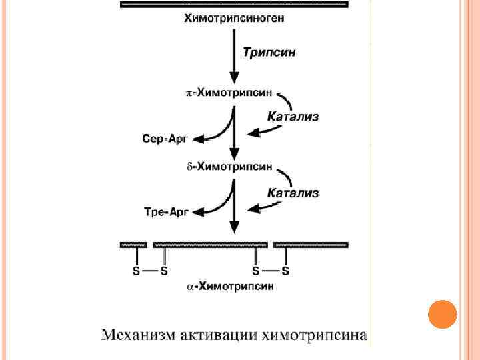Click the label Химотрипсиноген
point(234,19)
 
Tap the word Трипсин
point(269,51)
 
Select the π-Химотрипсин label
point(228,94)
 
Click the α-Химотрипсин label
point(229,287)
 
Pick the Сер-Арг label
point(167,139)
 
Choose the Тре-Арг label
point(167,212)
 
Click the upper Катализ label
point(293,117)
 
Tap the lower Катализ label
point(293,193)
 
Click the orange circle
point(442,314)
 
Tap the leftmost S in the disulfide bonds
point(137,271)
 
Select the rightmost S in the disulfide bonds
point(286,271)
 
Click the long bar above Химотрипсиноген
point(234,4)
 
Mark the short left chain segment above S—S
point(133,245)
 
